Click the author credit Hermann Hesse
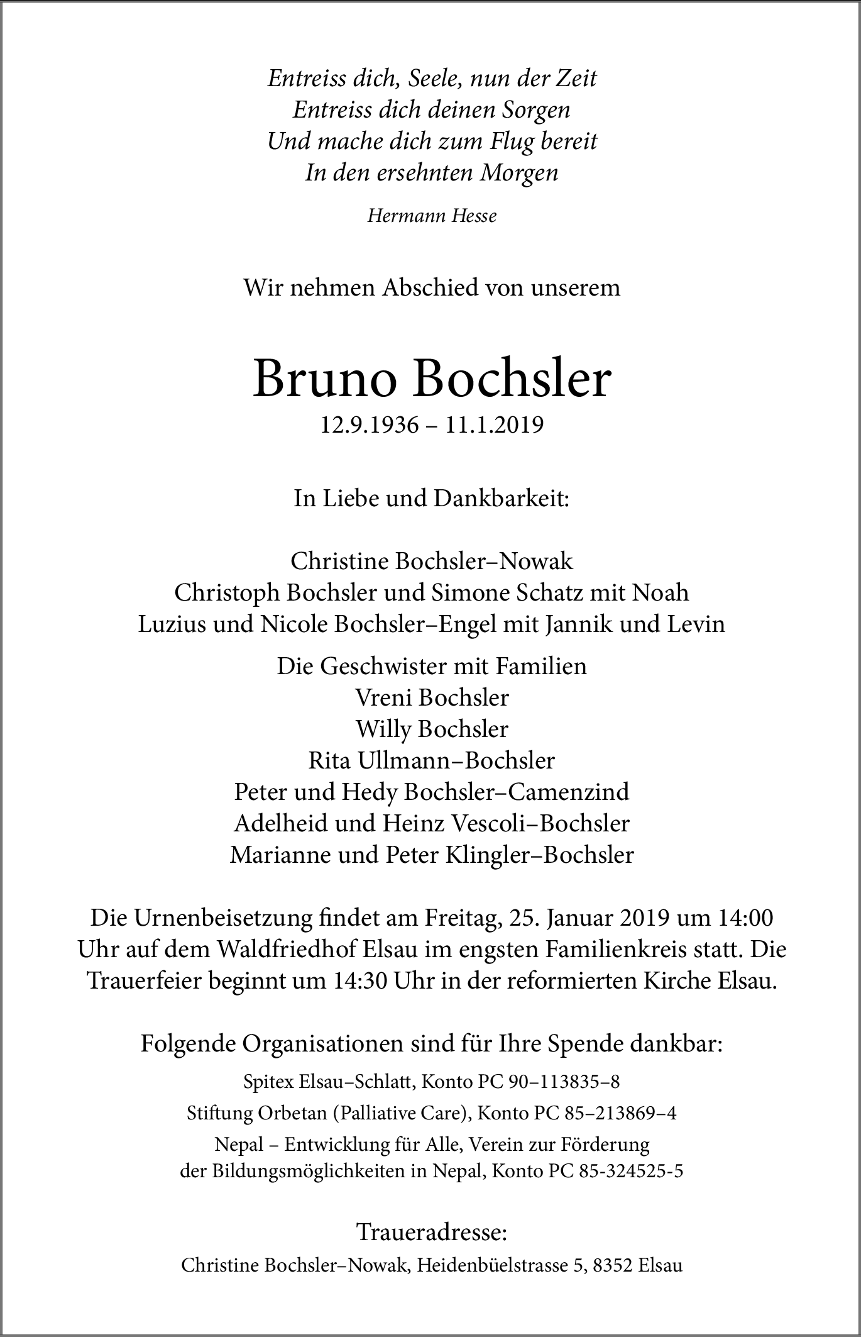pyautogui.click(x=432, y=216)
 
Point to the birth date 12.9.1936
pyautogui.click(x=369, y=426)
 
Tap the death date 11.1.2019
pyautogui.click(x=495, y=426)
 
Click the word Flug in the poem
pyautogui.click(x=512, y=141)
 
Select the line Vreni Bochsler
pyautogui.click(x=432, y=697)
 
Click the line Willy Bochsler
pyautogui.click(x=432, y=729)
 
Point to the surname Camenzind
pyautogui.click(x=568, y=792)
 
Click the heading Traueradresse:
pyautogui.click(x=432, y=1232)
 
